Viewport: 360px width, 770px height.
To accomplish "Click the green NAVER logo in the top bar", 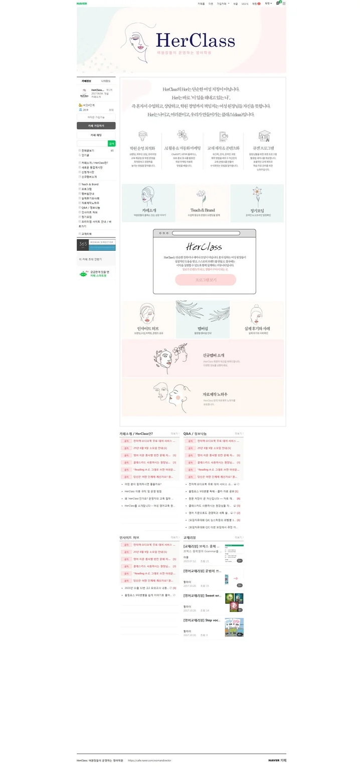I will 82,3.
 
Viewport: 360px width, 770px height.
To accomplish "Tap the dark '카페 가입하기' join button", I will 96,126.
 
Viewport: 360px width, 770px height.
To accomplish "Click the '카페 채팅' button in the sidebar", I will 96,135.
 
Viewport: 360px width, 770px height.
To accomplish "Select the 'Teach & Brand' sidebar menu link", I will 90,184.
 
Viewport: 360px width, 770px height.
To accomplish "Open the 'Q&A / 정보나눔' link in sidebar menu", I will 91,207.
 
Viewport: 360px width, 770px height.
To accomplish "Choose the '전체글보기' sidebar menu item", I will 88,150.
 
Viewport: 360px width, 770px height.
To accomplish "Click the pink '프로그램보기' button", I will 206,279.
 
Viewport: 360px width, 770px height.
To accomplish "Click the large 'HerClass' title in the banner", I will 195,41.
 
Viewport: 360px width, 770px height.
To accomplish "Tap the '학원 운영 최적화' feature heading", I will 142,148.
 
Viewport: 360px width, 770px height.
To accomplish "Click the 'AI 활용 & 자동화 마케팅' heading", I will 183,148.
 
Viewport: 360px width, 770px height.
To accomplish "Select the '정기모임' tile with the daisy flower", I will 257,202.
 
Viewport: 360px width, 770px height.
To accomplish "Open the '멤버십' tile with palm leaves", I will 203,320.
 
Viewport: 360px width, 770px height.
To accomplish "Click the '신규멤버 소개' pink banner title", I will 213,354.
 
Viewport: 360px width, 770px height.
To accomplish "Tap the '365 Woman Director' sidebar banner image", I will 96,245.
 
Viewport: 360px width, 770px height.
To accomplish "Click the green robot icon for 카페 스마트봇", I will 83,273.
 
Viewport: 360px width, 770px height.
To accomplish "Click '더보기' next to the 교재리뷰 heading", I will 239,537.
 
